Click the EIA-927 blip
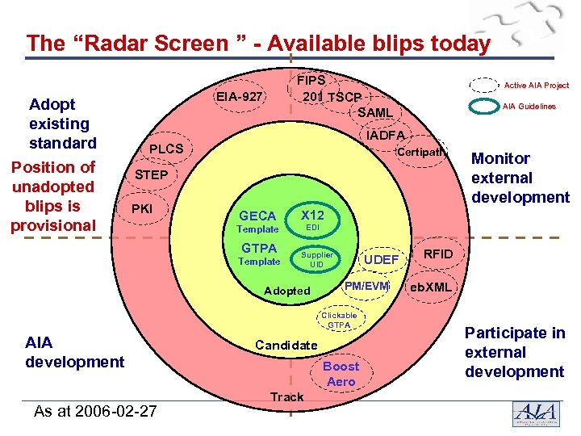tap(238, 98)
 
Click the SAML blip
tap(375, 112)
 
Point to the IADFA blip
tap(385, 134)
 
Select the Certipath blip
tap(421, 152)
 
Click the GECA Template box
tap(258, 221)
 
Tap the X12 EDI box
tap(312, 220)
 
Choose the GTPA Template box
tap(259, 254)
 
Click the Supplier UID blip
tap(316, 259)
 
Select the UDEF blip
tap(381, 259)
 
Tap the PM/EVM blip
tap(366, 286)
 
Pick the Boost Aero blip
tap(341, 374)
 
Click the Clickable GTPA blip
tap(339, 320)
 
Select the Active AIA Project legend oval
tap(484, 85)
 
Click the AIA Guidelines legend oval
tap(484, 107)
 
